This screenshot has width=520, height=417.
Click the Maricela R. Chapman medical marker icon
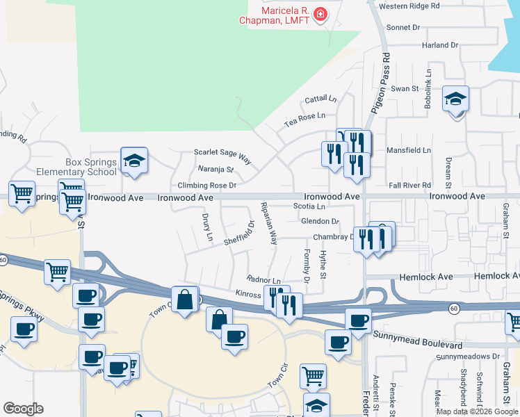[320, 14]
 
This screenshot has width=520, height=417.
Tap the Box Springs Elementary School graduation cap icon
[134, 161]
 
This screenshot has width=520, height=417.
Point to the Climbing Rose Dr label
[207, 186]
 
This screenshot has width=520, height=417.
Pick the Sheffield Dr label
[240, 234]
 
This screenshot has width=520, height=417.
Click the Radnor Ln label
[263, 280]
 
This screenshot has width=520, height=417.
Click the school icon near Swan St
[455, 100]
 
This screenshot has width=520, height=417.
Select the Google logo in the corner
[23, 409]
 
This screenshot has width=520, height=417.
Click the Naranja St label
[214, 169]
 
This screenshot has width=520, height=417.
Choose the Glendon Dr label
[320, 221]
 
